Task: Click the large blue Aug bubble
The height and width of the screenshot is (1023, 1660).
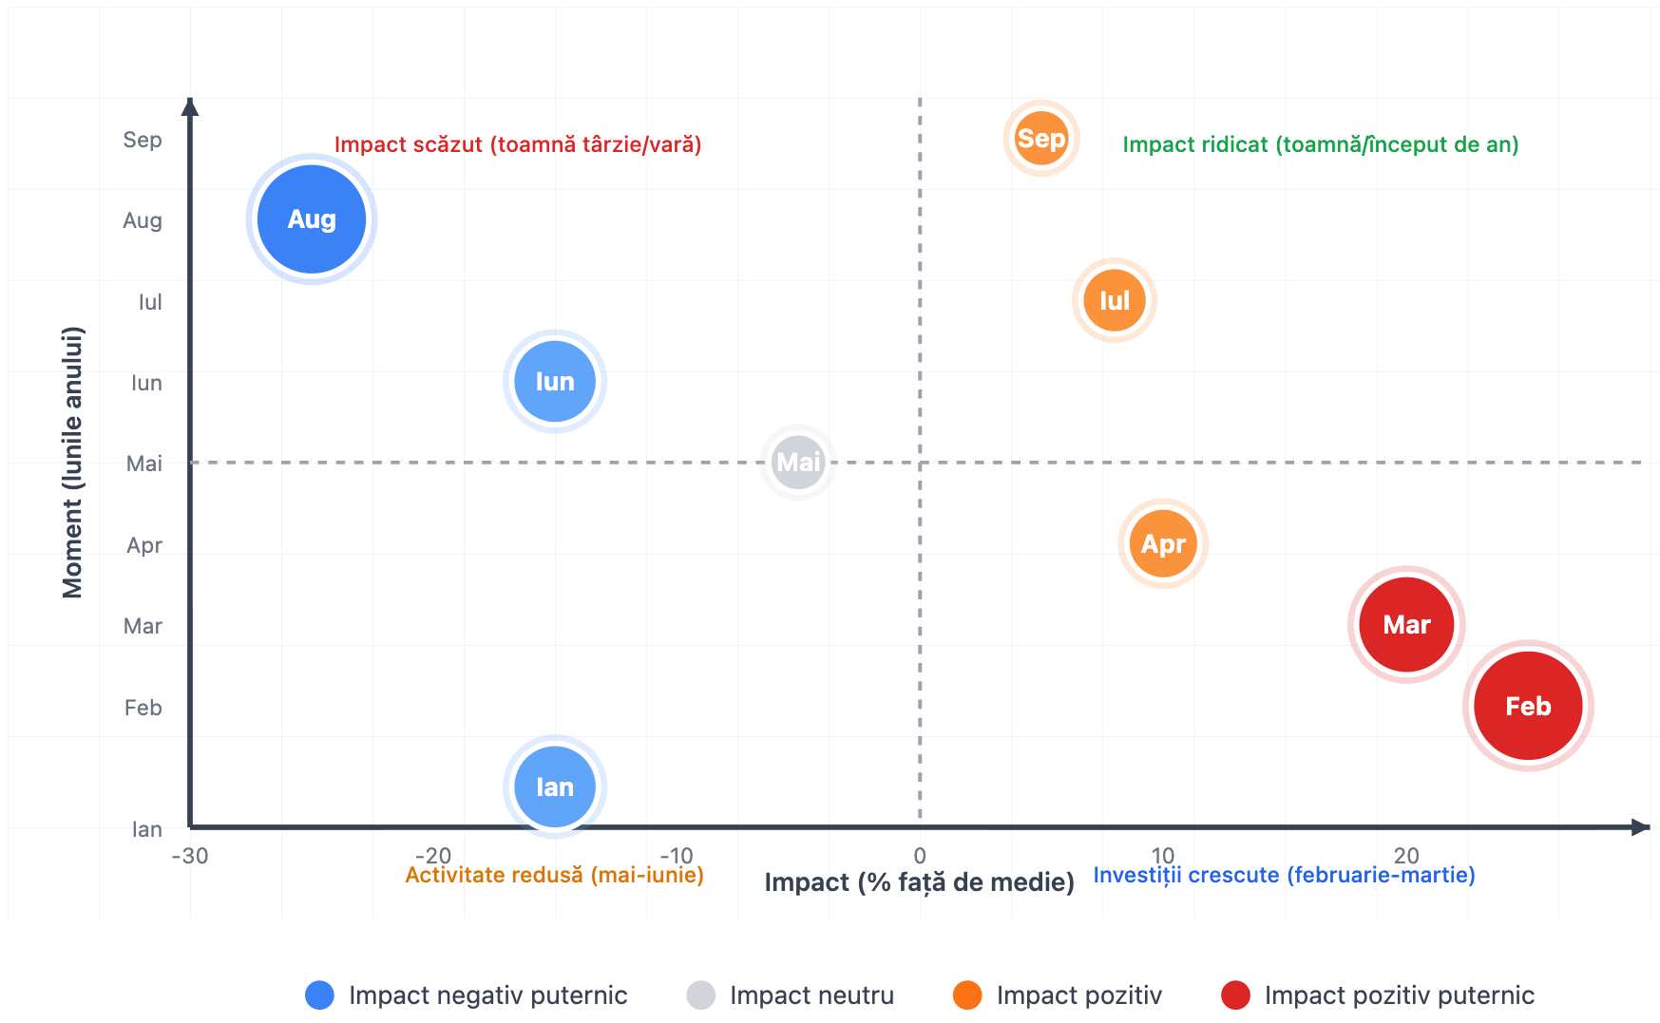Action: click(312, 219)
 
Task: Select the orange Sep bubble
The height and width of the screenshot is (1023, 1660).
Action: click(1041, 139)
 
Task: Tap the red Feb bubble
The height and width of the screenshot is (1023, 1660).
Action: click(1528, 706)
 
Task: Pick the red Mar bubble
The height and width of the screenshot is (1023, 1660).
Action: click(1406, 625)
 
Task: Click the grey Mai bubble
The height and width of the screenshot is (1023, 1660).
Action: click(798, 463)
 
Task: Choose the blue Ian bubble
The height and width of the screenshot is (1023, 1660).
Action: click(555, 786)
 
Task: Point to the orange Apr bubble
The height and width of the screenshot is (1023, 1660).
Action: click(1163, 544)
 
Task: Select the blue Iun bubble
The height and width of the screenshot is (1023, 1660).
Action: click(555, 382)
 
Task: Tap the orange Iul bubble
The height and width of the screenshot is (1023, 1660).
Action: click(1115, 301)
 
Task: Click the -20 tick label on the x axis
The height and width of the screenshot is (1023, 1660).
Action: click(433, 855)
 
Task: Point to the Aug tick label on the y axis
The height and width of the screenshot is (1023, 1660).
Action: click(143, 221)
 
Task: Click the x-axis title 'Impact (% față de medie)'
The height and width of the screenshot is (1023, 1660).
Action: click(919, 882)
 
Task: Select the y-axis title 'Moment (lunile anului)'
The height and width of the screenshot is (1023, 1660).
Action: click(73, 463)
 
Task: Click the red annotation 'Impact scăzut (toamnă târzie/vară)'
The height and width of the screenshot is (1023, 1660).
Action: click(518, 144)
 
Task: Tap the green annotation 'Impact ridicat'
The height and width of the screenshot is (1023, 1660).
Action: click(1320, 144)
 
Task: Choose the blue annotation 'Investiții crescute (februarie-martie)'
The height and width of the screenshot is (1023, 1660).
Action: click(1284, 875)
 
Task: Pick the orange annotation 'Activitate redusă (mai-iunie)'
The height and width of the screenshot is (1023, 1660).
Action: click(555, 875)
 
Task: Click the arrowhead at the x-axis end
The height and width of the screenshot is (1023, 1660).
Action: click(1641, 827)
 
